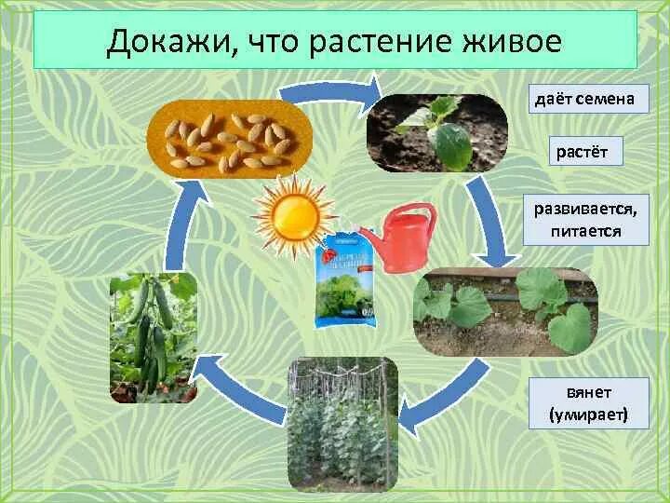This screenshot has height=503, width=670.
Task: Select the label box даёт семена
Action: [588, 99]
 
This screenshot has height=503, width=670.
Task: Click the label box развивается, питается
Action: [585, 218]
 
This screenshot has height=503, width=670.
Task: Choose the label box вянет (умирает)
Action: [587, 402]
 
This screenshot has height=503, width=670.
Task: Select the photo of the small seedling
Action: [436, 132]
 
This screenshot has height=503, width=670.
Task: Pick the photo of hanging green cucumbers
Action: [154, 337]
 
